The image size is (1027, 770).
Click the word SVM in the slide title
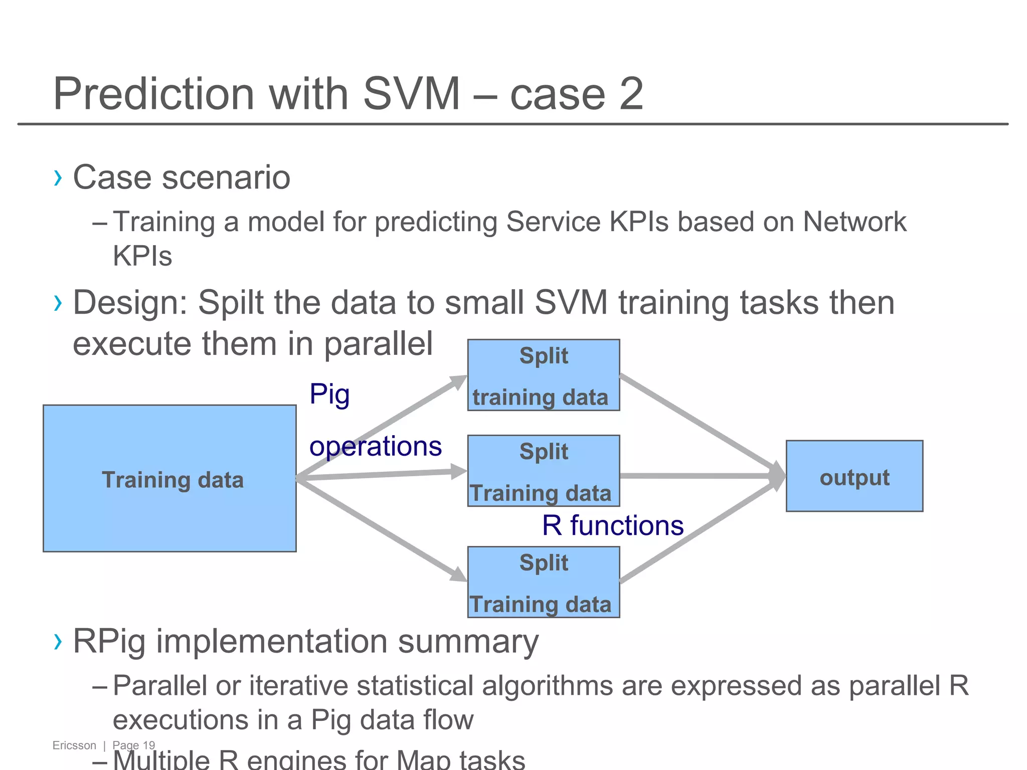coord(411,94)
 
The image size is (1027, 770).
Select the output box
coord(854,476)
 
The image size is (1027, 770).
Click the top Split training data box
coord(544,375)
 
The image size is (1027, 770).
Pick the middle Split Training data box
coord(544,471)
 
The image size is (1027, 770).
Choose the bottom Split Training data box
coord(544,582)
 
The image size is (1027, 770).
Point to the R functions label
coord(613,525)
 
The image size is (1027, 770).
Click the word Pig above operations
coord(329,394)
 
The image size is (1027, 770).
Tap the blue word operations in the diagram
coord(376,446)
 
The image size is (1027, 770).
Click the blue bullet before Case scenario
coord(58,177)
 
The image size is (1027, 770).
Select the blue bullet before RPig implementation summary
coord(58,641)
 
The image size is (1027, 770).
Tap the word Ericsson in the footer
coord(74,745)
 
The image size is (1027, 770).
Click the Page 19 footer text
coord(134,745)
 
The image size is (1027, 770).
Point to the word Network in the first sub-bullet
coord(854,222)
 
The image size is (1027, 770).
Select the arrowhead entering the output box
coord(778,476)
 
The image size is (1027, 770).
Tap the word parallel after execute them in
coord(378,344)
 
